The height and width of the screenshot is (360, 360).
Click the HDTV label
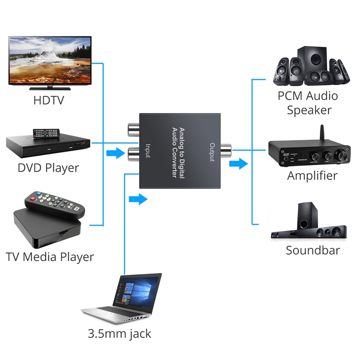click(x=49, y=100)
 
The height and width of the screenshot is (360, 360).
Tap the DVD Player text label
click(x=48, y=168)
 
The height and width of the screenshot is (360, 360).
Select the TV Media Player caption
click(x=49, y=257)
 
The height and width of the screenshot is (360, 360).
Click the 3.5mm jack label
click(x=120, y=334)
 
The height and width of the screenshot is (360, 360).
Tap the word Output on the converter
click(x=211, y=153)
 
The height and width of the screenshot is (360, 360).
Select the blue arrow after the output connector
click(x=238, y=163)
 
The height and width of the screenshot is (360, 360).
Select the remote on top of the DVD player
click(x=46, y=133)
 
